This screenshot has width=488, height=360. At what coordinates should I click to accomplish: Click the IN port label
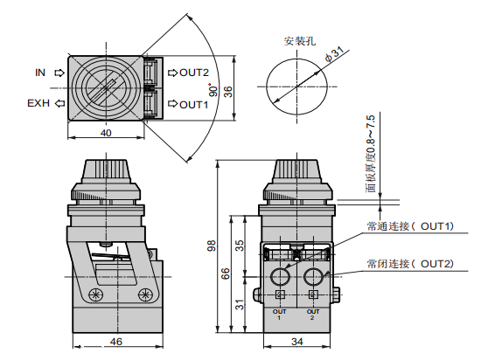tap(39, 73)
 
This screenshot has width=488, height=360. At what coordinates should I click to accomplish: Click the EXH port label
tap(38, 103)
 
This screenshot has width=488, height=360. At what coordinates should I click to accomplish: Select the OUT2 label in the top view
tap(194, 73)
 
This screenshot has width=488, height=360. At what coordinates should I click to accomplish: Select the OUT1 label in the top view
tap(194, 104)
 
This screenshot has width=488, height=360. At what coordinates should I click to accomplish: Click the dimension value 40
tap(105, 133)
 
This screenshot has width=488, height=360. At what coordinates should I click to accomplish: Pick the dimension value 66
tap(226, 273)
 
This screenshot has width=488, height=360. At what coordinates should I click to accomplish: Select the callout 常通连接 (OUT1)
tap(409, 226)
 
